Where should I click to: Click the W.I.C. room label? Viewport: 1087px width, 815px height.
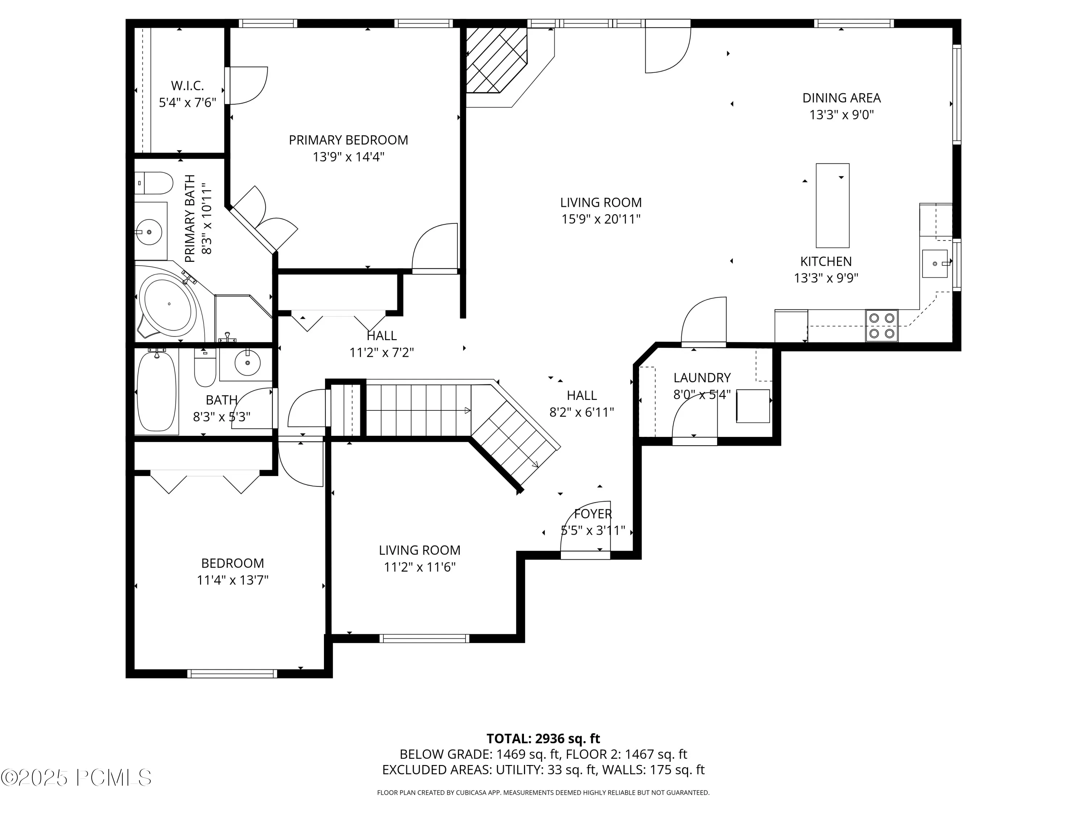[x=187, y=86]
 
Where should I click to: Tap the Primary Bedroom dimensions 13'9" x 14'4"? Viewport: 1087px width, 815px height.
[x=349, y=157]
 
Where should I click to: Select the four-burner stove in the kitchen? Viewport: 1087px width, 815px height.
[x=882, y=326]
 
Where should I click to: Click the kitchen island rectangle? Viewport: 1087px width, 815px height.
[x=832, y=205]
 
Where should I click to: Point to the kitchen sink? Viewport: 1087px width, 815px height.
[x=935, y=264]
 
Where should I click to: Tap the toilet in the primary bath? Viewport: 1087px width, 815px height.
[x=154, y=183]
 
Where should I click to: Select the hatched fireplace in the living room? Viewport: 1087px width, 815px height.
[x=496, y=60]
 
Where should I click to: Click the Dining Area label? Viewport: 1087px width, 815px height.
[x=841, y=98]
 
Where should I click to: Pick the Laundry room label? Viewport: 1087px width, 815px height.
[x=702, y=378]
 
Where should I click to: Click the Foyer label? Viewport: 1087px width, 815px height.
[x=593, y=514]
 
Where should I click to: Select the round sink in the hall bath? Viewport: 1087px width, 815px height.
[x=247, y=364]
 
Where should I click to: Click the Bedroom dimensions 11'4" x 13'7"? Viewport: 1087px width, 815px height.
[x=233, y=581]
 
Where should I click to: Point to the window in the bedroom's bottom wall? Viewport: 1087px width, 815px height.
[x=232, y=673]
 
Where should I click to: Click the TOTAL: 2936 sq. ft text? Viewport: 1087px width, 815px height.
[x=543, y=738]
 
